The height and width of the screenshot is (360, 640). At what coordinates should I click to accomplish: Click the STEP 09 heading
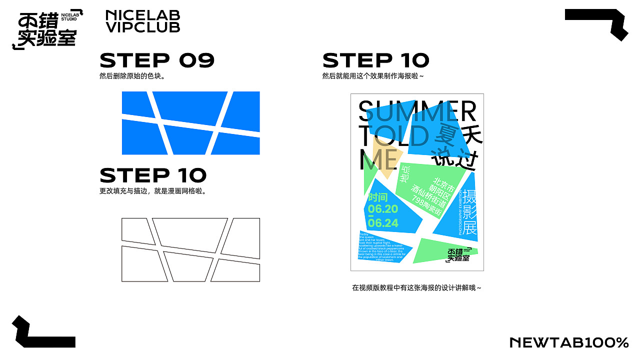[157, 61]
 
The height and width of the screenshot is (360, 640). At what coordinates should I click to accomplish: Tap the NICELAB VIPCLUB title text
[142, 21]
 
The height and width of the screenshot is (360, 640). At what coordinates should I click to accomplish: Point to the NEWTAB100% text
[569, 342]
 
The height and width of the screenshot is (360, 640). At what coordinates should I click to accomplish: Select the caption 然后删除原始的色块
[132, 76]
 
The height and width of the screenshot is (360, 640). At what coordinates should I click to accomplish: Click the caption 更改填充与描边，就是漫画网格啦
[153, 191]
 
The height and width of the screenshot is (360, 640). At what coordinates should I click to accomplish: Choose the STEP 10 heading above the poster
[376, 61]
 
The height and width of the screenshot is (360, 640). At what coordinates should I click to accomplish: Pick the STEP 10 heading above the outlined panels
[153, 175]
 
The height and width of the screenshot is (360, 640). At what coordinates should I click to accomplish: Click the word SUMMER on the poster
[417, 112]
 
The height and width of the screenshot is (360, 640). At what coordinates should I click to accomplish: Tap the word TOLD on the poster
[394, 136]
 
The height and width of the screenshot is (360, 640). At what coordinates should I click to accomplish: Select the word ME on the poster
[378, 160]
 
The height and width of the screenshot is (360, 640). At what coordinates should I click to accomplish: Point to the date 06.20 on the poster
[383, 209]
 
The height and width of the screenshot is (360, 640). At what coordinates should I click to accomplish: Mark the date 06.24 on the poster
[383, 223]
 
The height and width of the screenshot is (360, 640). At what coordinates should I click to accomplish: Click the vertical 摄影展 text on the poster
[469, 212]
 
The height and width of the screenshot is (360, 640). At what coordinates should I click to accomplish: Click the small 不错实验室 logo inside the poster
[459, 254]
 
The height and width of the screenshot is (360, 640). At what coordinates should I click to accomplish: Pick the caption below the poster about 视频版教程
[416, 288]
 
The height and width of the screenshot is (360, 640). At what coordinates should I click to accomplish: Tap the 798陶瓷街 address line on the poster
[426, 207]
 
